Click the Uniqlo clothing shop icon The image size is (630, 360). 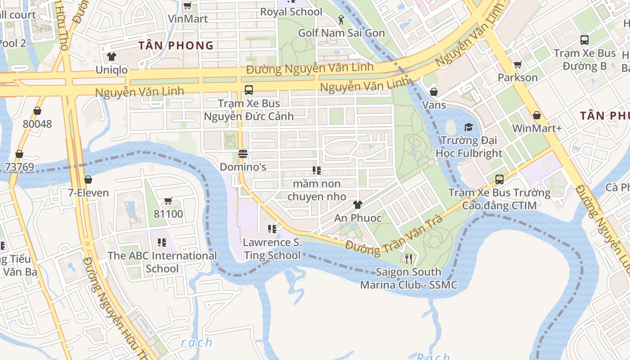(112, 57)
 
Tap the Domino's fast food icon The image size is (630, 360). (243, 154)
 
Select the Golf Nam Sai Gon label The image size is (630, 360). (342, 33)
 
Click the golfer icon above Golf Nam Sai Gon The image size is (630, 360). (341, 20)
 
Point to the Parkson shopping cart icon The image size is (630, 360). (517, 65)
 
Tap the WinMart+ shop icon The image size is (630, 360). (536, 115)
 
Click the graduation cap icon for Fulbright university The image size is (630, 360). (468, 127)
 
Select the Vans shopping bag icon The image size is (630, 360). (434, 92)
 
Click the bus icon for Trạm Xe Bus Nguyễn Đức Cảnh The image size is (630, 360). (248, 90)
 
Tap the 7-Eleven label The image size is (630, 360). (88, 193)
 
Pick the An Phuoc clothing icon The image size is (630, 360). (357, 205)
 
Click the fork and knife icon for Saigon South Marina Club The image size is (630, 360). (408, 259)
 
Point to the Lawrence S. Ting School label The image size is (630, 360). (272, 249)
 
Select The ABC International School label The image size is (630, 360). (162, 262)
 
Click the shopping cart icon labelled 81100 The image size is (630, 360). (168, 201)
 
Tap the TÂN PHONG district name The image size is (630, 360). (176, 45)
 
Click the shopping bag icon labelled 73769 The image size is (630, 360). (19, 154)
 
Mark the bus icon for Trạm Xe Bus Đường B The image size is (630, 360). (584, 40)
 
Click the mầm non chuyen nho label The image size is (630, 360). (317, 190)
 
